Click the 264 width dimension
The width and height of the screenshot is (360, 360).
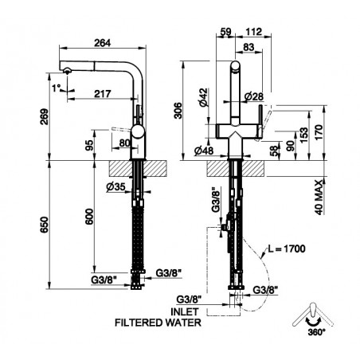(x=103, y=43)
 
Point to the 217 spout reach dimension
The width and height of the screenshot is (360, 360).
(x=103, y=94)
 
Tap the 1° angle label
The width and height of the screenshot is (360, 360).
(x=57, y=88)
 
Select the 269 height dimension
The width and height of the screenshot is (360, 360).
(x=45, y=116)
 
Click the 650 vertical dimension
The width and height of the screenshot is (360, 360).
(x=45, y=225)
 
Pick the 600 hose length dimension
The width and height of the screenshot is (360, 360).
(x=89, y=217)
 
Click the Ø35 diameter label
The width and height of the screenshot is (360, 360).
(x=115, y=187)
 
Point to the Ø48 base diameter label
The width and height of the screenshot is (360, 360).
(x=204, y=151)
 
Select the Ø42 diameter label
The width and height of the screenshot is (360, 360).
(x=204, y=97)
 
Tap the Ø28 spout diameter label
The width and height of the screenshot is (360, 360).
(x=254, y=96)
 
